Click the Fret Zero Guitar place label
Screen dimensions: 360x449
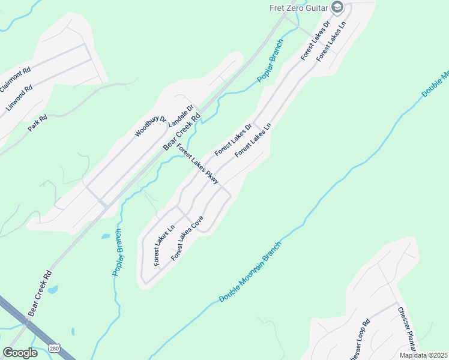[298, 7]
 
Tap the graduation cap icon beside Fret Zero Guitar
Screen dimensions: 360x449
[337, 7]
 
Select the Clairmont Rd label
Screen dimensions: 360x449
[15, 80]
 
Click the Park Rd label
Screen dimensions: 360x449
[37, 122]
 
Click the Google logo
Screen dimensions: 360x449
[20, 352]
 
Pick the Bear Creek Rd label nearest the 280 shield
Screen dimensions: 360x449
[40, 293]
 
